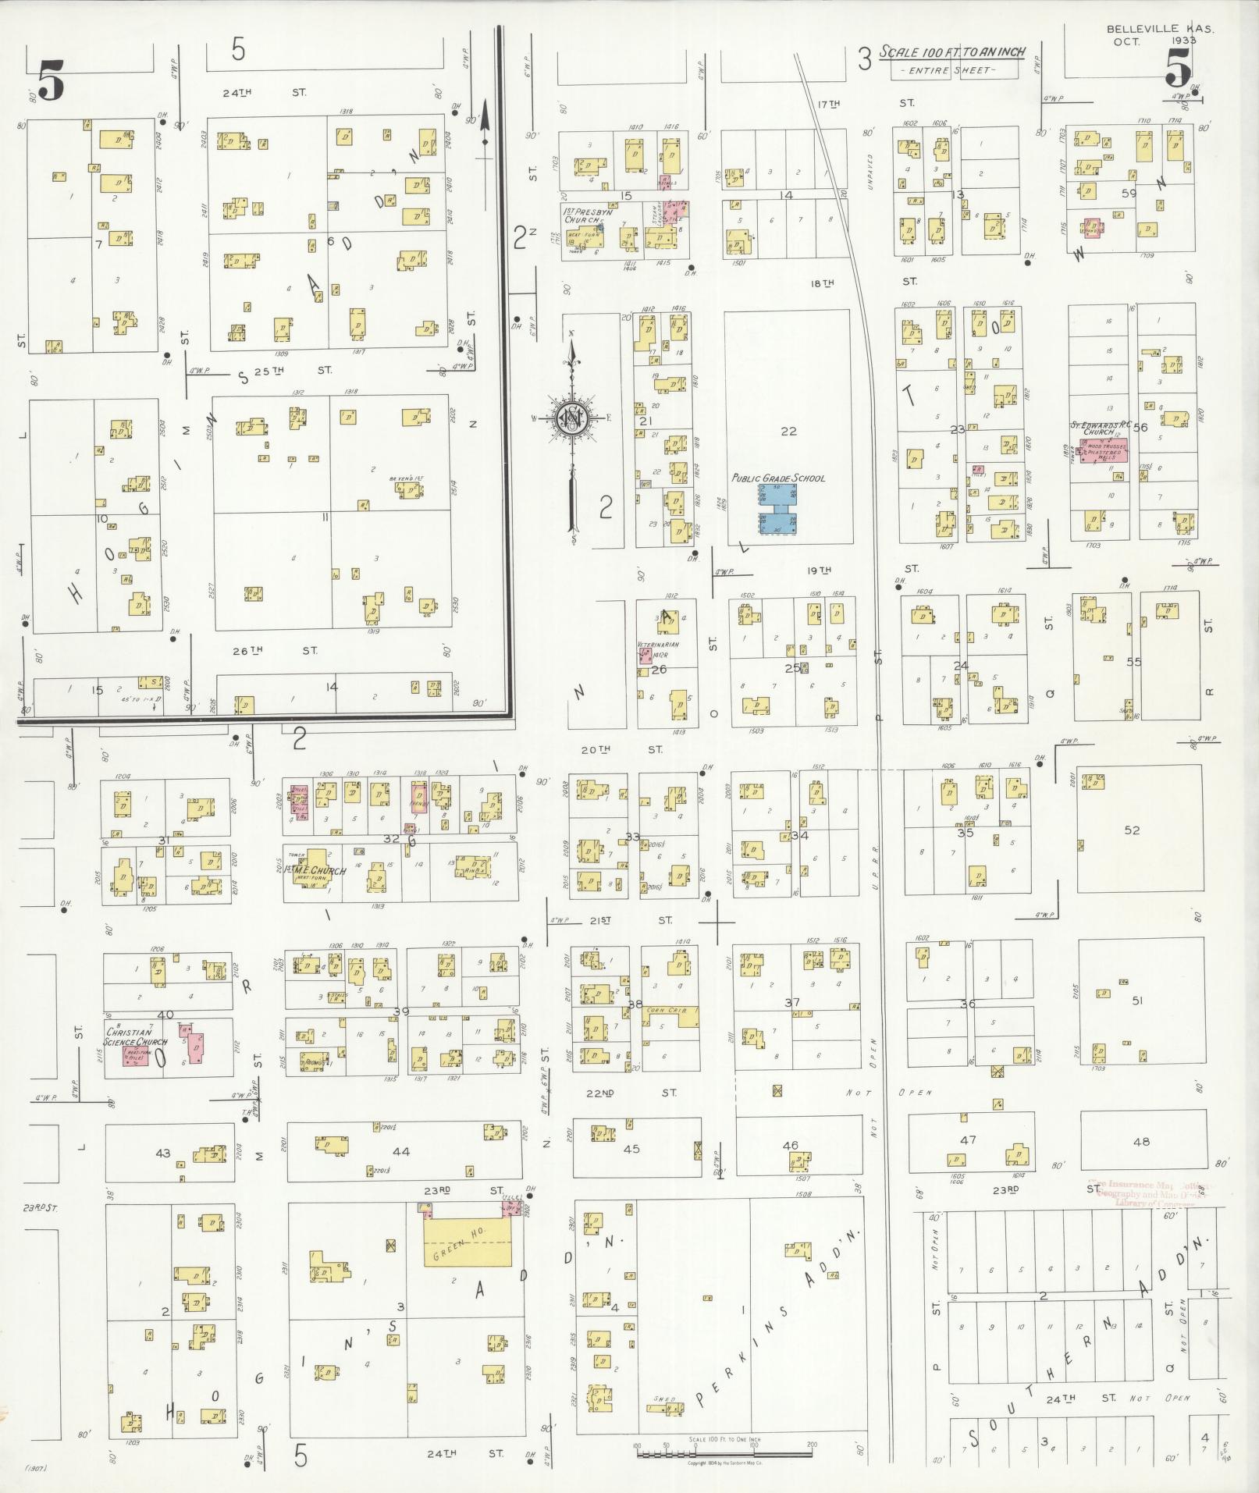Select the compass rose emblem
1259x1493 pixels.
click(572, 420)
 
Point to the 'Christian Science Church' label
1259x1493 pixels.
click(137, 1037)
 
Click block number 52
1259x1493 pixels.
click(1132, 830)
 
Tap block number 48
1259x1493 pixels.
click(1140, 1141)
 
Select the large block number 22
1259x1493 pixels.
click(788, 431)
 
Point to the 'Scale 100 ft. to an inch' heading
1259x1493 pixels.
click(952, 53)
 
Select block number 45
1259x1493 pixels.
click(631, 1148)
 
